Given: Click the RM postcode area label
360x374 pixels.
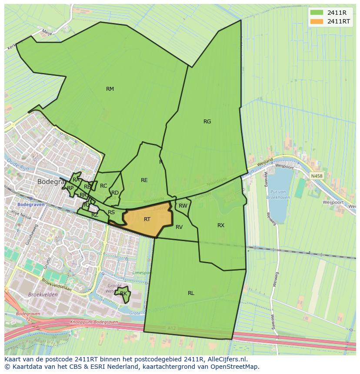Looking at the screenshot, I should (x=110, y=89).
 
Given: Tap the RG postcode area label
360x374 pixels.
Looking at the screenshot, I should (x=207, y=122).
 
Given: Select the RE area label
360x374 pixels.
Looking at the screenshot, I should (x=144, y=180).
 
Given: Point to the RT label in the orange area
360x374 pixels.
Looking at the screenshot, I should (x=147, y=219).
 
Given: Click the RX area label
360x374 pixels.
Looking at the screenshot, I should (x=221, y=225).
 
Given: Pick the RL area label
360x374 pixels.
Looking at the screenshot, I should (x=191, y=293).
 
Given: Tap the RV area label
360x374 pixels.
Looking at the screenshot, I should (x=179, y=227).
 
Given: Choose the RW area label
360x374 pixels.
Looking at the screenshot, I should (x=183, y=206).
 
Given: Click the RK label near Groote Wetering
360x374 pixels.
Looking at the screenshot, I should (x=123, y=294).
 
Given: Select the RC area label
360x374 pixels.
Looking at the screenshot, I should (x=103, y=186).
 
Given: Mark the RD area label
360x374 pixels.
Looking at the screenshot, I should (x=115, y=193).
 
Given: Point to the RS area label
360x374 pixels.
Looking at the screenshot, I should (x=111, y=212).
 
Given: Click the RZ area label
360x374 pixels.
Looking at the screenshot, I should (x=95, y=215).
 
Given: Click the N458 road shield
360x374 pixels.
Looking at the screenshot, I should (x=317, y=176).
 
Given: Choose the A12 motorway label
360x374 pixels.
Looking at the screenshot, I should (x=171, y=328).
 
